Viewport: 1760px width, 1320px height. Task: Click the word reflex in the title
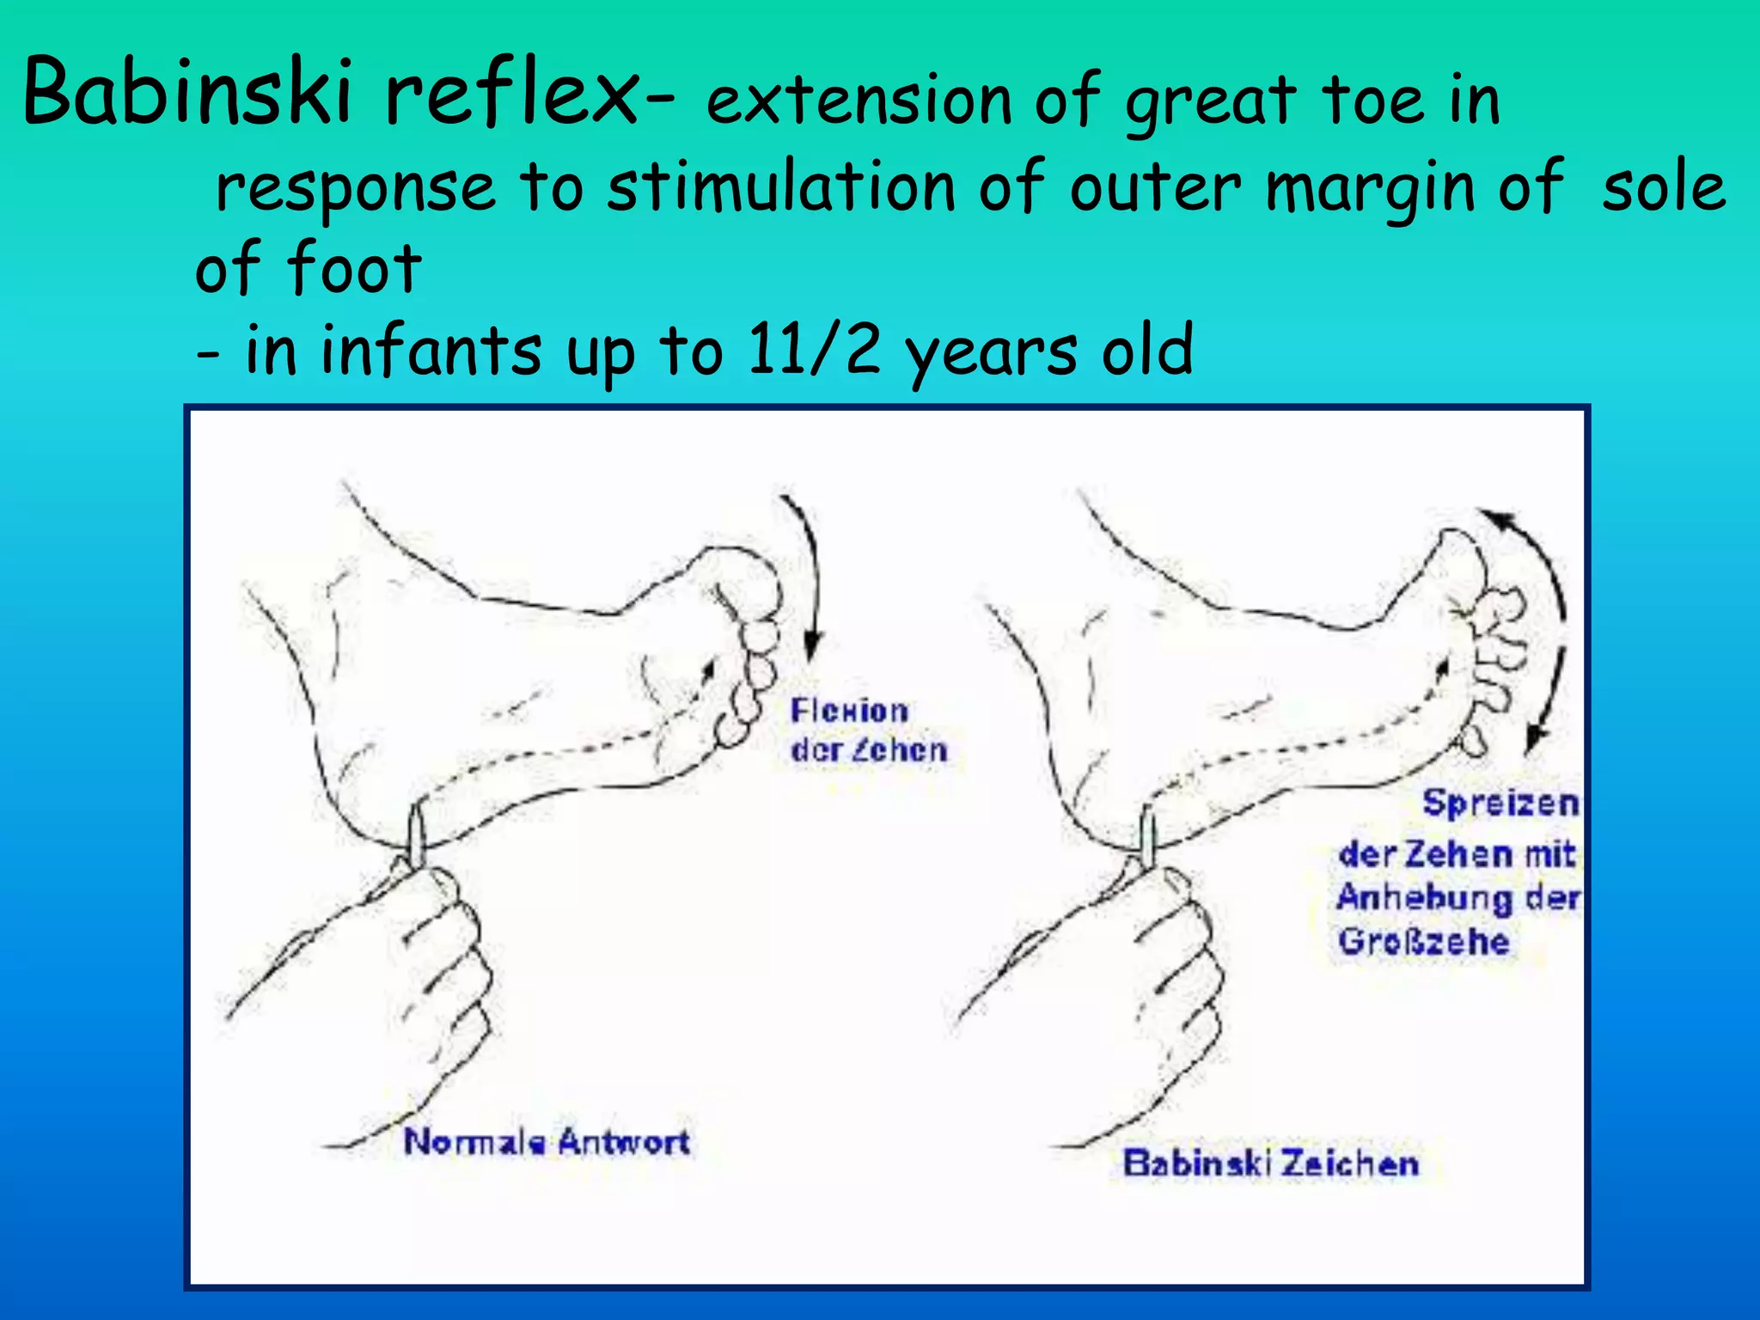pyautogui.click(x=512, y=92)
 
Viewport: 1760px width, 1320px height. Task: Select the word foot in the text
pyautogui.click(x=353, y=268)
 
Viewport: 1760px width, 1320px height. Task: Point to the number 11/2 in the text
pyautogui.click(x=813, y=350)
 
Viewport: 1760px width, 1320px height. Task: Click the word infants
pyautogui.click(x=431, y=350)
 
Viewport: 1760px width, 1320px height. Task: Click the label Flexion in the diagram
pyautogui.click(x=849, y=711)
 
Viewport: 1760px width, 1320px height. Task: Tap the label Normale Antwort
pyautogui.click(x=547, y=1142)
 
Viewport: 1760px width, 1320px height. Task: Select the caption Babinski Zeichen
pyautogui.click(x=1270, y=1164)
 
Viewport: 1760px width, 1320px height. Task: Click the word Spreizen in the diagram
pyautogui.click(x=1500, y=804)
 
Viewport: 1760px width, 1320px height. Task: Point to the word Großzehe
pyautogui.click(x=1423, y=942)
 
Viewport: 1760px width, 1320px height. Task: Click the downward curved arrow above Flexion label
pyautogui.click(x=810, y=576)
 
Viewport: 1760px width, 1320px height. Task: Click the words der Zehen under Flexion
pyautogui.click(x=868, y=750)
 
